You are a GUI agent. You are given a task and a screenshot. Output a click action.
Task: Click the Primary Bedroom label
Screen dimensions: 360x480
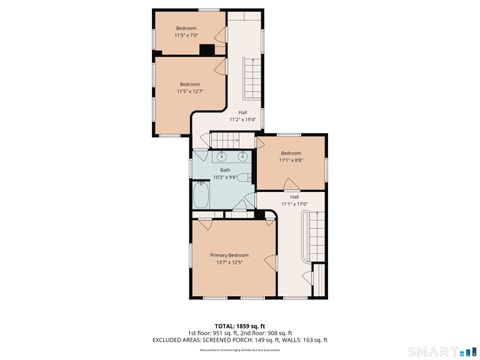(x=229, y=256)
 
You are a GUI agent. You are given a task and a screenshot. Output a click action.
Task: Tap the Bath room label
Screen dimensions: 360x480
(x=225, y=170)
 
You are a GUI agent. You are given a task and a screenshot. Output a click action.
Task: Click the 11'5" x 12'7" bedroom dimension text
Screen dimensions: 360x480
(x=190, y=91)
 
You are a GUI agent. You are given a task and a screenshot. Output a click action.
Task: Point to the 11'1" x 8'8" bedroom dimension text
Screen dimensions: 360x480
(x=290, y=159)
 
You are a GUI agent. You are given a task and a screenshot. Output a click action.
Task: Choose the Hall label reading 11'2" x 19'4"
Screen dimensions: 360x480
(x=242, y=119)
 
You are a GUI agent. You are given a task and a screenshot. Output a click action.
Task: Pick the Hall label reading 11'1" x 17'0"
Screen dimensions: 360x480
(x=294, y=204)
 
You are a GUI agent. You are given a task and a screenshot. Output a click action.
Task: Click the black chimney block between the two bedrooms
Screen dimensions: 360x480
(x=208, y=49)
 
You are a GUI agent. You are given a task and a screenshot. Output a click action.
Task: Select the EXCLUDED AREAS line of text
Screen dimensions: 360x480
(x=239, y=339)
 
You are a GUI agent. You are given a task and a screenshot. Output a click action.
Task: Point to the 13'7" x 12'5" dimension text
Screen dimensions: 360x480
(x=229, y=263)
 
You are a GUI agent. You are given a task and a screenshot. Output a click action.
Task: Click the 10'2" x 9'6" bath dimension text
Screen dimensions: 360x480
(x=225, y=177)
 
